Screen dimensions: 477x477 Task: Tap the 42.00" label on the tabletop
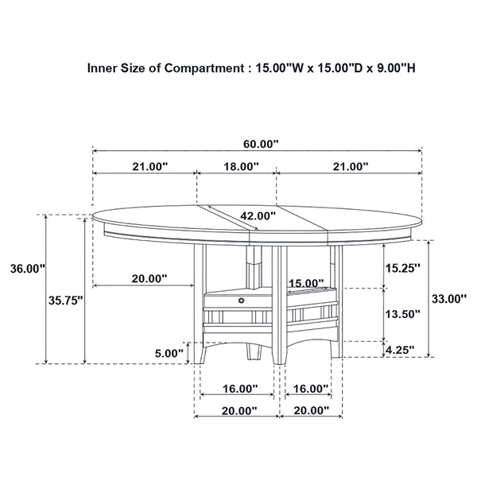[x=258, y=215]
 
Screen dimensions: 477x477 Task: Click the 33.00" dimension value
[x=447, y=299]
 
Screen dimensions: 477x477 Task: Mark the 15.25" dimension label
[x=401, y=268]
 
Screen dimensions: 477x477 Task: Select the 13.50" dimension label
[x=401, y=313]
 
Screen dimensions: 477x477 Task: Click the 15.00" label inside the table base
[x=306, y=283]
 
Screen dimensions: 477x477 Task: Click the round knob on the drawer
[x=240, y=301]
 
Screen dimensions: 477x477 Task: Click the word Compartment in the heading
[x=202, y=68]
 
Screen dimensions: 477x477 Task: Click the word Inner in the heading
[x=103, y=68]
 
